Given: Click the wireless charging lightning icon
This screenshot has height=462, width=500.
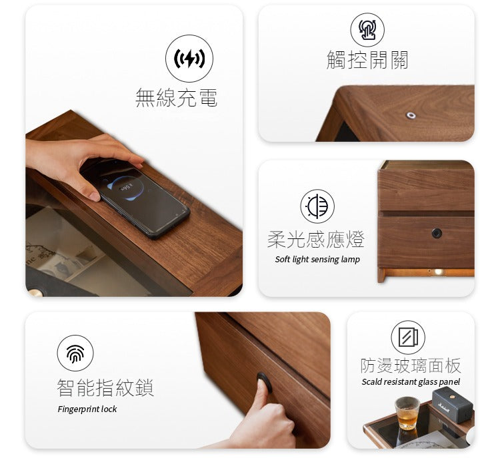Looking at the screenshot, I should click(x=189, y=59).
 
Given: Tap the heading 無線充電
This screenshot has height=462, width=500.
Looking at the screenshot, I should click(x=176, y=98).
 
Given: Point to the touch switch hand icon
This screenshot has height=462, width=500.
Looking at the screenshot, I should click(x=367, y=30).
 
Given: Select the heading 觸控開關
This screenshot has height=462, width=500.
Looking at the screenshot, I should click(x=367, y=61).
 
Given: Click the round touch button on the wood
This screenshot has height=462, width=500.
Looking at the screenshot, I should click(x=411, y=115).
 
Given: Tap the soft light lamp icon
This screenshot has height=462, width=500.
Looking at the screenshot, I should click(x=317, y=206).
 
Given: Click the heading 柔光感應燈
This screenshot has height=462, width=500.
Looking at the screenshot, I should click(x=316, y=239).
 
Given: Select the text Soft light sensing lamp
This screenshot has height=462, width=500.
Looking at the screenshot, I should click(x=317, y=260).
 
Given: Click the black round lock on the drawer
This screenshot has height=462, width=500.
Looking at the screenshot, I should click(x=437, y=233).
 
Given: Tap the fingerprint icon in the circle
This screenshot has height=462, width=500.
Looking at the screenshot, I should click(x=75, y=353).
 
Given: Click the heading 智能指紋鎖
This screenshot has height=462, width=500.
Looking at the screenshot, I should click(x=105, y=387).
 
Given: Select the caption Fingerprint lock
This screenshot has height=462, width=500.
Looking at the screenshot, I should click(x=87, y=409).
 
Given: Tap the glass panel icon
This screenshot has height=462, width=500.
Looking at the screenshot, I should click(x=408, y=337).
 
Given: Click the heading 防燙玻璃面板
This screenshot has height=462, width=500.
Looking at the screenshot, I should click(x=411, y=365).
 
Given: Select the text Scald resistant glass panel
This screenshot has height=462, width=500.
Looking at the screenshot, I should click(x=411, y=382).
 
